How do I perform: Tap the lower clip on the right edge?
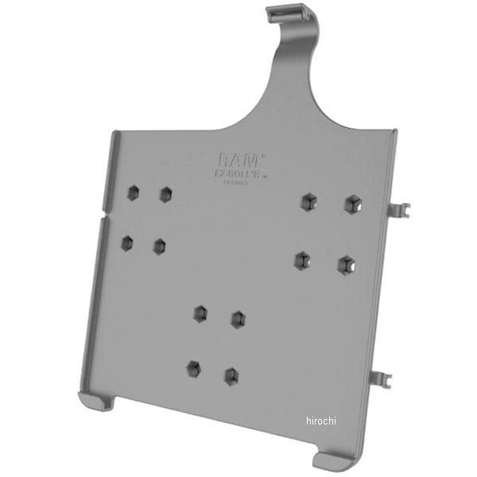390,364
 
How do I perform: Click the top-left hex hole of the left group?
133,192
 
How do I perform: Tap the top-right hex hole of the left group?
165,194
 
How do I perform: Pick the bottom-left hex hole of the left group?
126,242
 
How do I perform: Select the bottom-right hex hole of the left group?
160,246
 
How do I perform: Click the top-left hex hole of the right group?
308,202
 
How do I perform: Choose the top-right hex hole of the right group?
351,204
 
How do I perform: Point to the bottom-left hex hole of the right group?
302,260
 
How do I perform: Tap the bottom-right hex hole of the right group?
345,264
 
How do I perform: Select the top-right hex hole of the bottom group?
237,319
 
